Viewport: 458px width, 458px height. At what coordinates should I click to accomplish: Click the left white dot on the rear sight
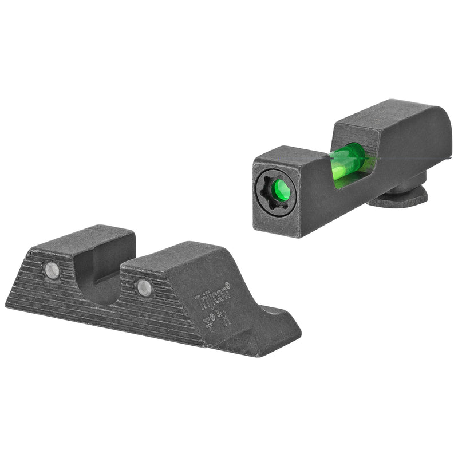(52, 270)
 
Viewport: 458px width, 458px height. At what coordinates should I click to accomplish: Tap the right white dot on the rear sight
(144, 287)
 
